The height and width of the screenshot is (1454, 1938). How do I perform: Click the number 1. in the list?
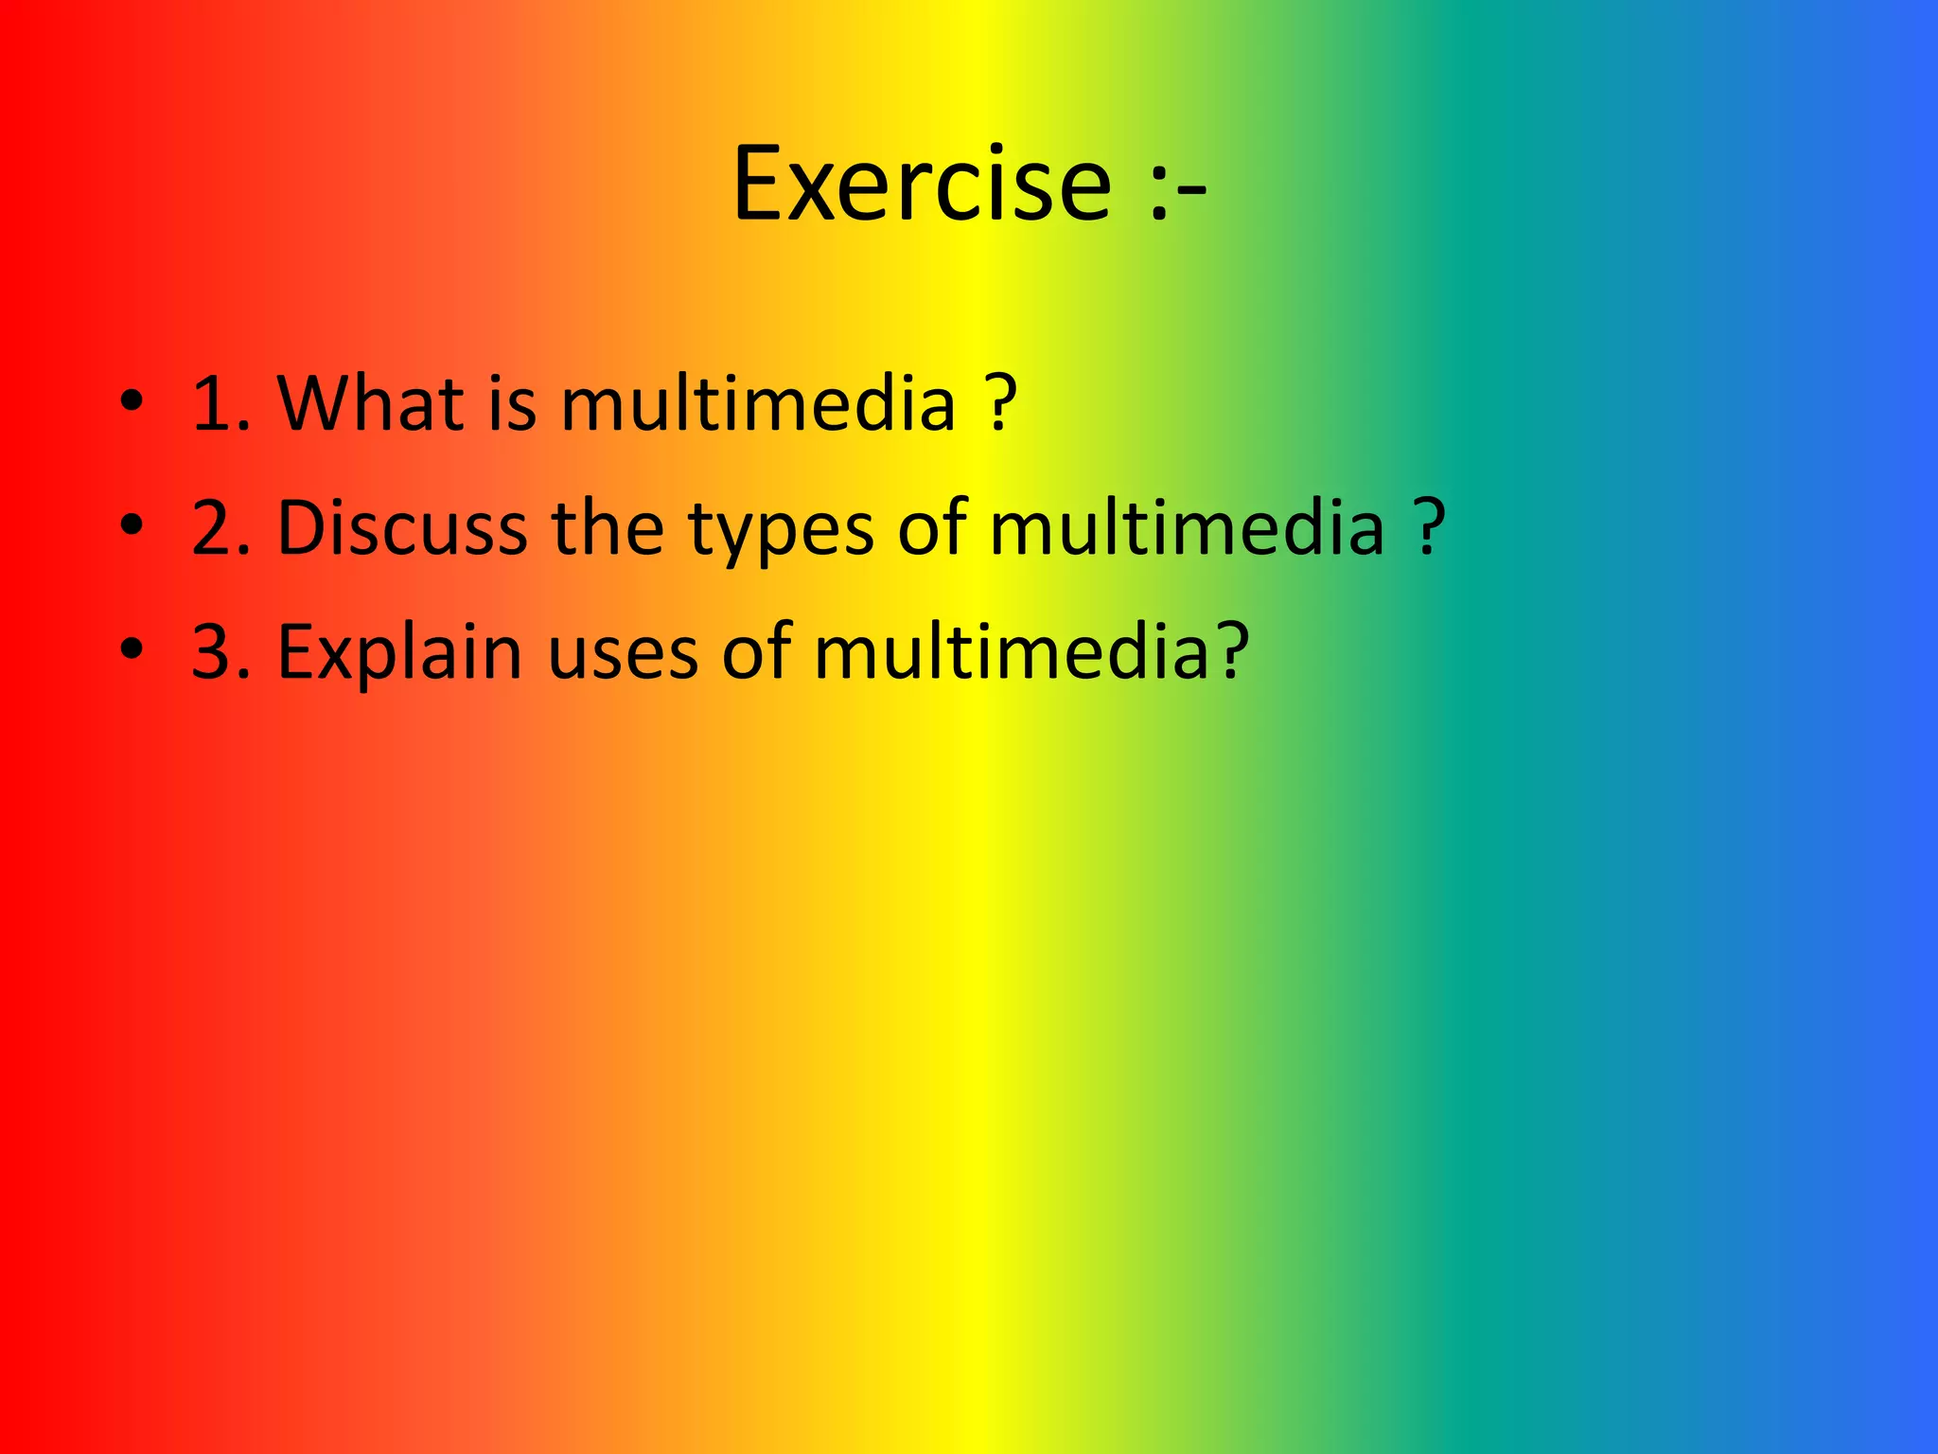click(x=221, y=403)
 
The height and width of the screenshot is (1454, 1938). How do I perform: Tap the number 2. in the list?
click(x=221, y=527)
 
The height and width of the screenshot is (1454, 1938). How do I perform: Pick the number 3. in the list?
click(x=221, y=651)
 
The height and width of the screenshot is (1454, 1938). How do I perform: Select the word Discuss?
click(x=402, y=527)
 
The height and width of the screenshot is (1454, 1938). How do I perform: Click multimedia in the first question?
click(x=758, y=403)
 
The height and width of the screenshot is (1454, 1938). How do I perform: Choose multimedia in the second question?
click(x=1187, y=527)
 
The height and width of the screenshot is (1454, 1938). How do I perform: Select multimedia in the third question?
click(x=1011, y=651)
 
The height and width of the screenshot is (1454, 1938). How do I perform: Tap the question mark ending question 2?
click(x=1430, y=527)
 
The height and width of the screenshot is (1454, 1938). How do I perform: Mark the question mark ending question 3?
click(x=1232, y=651)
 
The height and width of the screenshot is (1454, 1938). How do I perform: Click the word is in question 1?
click(x=512, y=403)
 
